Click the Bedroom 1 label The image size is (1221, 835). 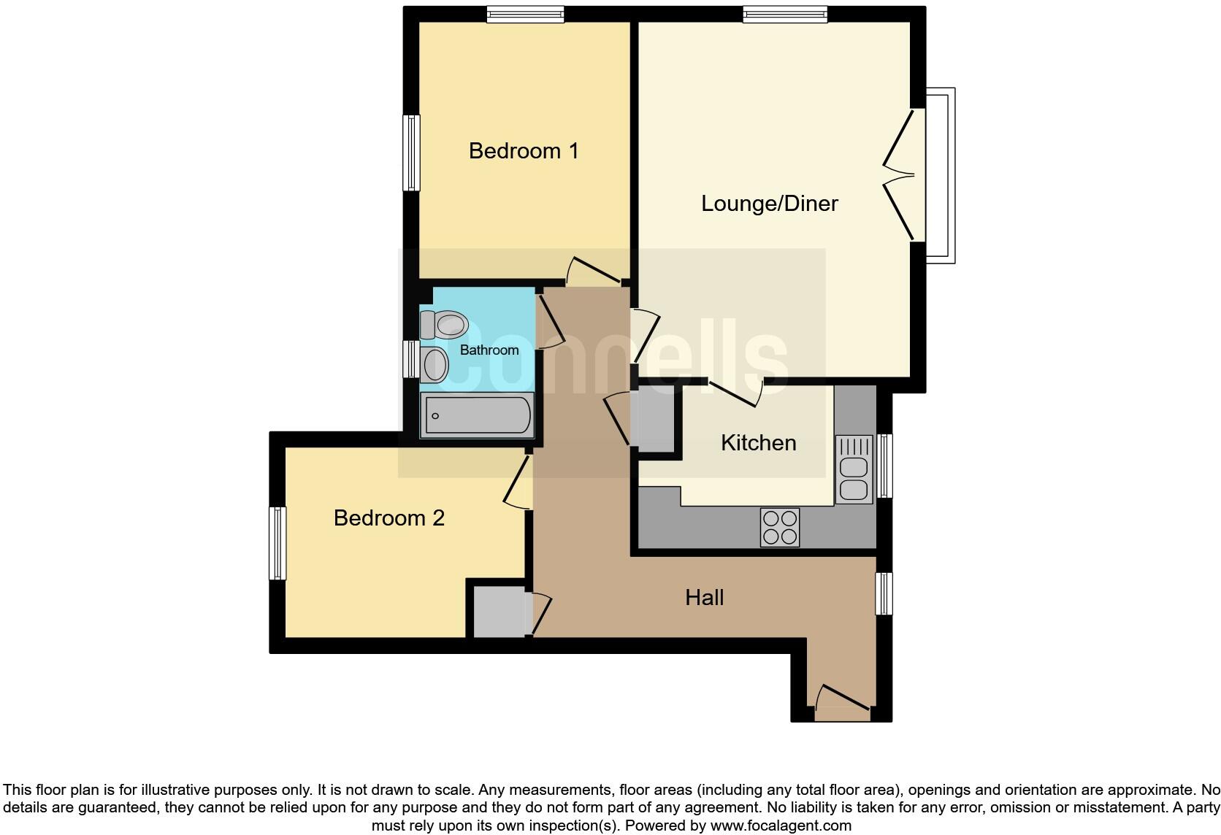[524, 151]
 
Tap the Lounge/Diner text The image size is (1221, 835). [769, 204]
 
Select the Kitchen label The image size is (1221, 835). [758, 443]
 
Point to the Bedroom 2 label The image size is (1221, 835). [388, 518]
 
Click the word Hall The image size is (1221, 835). [704, 598]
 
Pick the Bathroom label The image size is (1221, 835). [489, 350]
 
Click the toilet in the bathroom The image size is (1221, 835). [444, 325]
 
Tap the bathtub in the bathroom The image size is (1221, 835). [477, 415]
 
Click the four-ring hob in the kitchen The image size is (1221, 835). [779, 527]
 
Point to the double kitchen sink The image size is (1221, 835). [853, 469]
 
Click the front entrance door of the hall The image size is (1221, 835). [842, 698]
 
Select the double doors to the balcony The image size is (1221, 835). [900, 175]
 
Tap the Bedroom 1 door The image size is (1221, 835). [593, 272]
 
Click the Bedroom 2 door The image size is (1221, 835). [517, 482]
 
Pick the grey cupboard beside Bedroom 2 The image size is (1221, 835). [499, 611]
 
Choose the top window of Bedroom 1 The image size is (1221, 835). [526, 15]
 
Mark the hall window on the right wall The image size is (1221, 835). [884, 593]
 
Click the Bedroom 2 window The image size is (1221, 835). [277, 543]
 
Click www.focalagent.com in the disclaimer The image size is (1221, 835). [781, 826]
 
